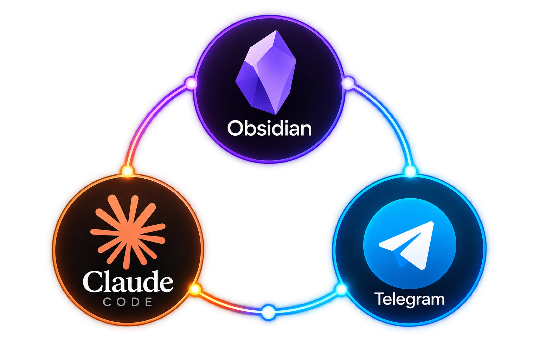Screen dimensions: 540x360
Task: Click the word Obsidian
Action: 269,128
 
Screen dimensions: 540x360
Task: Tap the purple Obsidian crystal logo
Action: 266,72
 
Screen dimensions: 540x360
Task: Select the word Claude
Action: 128,282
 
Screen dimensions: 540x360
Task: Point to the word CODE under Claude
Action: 128,302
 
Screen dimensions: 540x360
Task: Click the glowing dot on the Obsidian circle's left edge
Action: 191,83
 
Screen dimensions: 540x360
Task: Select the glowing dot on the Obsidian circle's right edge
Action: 348,83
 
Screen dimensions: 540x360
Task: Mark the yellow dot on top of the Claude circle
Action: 127,171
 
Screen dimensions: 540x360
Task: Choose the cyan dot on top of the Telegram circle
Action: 410,172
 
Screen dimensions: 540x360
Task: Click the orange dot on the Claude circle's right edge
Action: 195,289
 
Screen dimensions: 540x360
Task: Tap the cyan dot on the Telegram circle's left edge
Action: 341,289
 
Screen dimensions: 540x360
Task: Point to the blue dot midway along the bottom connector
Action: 268,313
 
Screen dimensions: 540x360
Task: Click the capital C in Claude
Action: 92,282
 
